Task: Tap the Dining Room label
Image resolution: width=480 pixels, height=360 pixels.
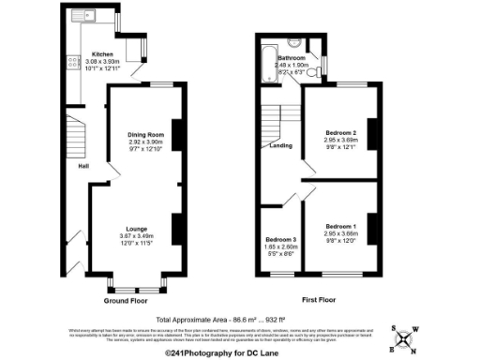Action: coord(145,135)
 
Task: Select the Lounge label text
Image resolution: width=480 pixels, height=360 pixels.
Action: coord(136,228)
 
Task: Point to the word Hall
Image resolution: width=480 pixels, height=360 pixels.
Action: coord(83,168)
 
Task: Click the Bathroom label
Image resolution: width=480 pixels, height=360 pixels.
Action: coord(303,58)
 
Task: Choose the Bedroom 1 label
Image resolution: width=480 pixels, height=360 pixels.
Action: coord(341,227)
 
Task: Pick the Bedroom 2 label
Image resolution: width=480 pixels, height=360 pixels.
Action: coord(341,132)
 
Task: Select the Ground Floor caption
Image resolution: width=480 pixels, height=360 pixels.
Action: coord(125,302)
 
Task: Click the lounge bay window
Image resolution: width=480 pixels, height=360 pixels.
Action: coord(138,281)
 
